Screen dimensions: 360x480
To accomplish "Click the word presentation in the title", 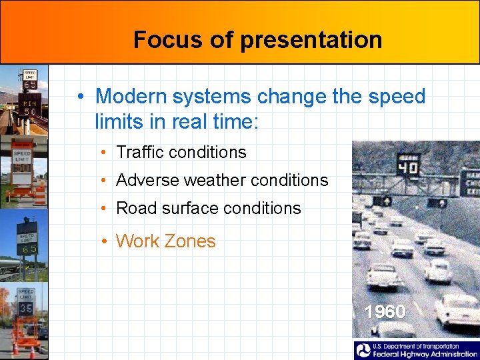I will (311, 40).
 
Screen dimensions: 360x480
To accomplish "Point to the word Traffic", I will (139, 152).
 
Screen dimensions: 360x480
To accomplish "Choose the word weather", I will (217, 180).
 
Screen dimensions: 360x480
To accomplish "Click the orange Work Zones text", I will (165, 241).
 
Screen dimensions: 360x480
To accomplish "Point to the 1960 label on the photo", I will (385, 311).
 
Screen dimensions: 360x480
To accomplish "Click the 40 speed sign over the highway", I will (408, 165).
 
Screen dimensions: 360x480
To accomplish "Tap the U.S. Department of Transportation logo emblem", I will (363, 351).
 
